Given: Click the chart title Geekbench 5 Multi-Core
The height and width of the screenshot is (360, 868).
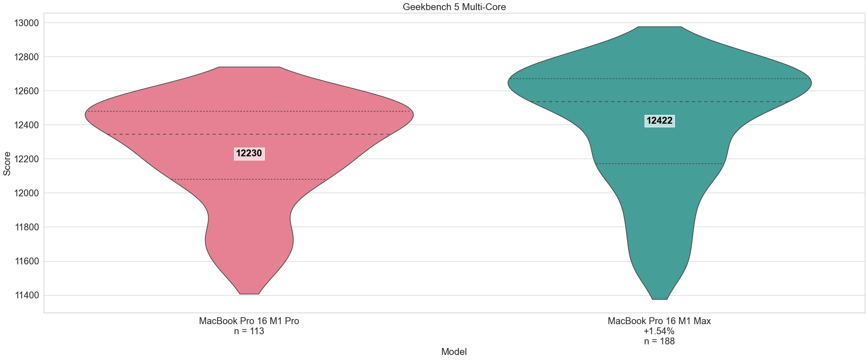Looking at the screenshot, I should pyautogui.click(x=454, y=7).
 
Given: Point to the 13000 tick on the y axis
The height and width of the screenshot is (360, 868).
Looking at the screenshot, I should pyautogui.click(x=26, y=23).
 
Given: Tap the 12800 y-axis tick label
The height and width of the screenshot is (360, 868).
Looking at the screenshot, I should pyautogui.click(x=26, y=57).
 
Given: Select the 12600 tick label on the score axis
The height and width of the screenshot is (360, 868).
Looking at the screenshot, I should pyautogui.click(x=26, y=91).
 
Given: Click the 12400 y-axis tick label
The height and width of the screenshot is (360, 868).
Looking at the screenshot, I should pyautogui.click(x=26, y=125).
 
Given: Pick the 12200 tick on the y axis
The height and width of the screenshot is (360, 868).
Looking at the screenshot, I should pyautogui.click(x=26, y=159).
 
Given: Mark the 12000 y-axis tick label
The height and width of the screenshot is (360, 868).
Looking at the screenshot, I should pyautogui.click(x=26, y=193).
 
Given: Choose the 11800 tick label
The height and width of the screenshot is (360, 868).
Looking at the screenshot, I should pyautogui.click(x=26, y=227).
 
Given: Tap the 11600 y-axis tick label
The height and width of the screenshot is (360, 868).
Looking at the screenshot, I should pyautogui.click(x=26, y=261).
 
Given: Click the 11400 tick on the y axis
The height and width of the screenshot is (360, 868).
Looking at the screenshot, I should pyautogui.click(x=26, y=295).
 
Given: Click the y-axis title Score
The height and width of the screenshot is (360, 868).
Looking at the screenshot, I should pyautogui.click(x=7, y=163).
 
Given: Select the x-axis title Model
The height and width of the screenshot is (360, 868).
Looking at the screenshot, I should pyautogui.click(x=454, y=352).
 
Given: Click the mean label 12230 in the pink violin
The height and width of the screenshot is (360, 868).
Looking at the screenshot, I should pyautogui.click(x=249, y=154).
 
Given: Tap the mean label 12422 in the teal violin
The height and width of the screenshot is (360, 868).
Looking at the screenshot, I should pyautogui.click(x=659, y=121).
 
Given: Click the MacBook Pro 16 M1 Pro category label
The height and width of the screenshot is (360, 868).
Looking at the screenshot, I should pyautogui.click(x=249, y=321).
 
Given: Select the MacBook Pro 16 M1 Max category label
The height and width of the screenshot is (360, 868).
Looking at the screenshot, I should pyautogui.click(x=659, y=321).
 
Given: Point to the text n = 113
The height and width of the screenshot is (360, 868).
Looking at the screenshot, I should pyautogui.click(x=249, y=331).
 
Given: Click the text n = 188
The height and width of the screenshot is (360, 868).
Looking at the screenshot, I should pyautogui.click(x=659, y=341).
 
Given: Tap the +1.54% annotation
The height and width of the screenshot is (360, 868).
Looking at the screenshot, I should pyautogui.click(x=659, y=331).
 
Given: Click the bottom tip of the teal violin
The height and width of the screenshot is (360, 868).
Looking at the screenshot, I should pyautogui.click(x=660, y=299).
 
